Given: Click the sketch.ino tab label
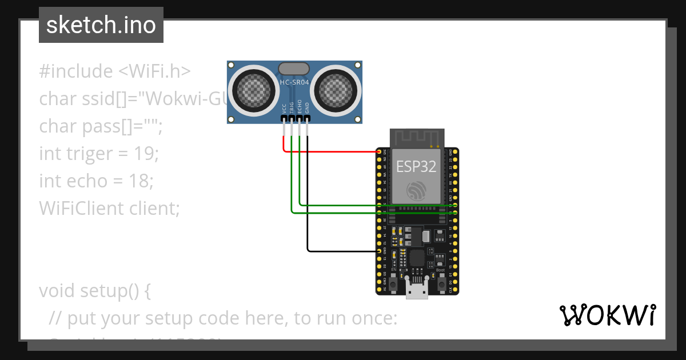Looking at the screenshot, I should click(x=101, y=25).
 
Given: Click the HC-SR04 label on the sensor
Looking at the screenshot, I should click(x=294, y=83).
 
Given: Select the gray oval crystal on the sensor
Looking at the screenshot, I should click(x=294, y=69).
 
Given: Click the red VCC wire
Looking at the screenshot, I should click(x=332, y=152).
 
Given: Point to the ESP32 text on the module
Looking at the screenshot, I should click(x=417, y=167).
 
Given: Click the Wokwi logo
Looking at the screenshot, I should click(x=607, y=315).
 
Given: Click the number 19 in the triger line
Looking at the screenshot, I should click(x=143, y=153).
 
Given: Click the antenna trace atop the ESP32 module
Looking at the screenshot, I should click(x=417, y=137).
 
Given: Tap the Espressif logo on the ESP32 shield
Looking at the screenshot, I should click(x=417, y=190).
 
